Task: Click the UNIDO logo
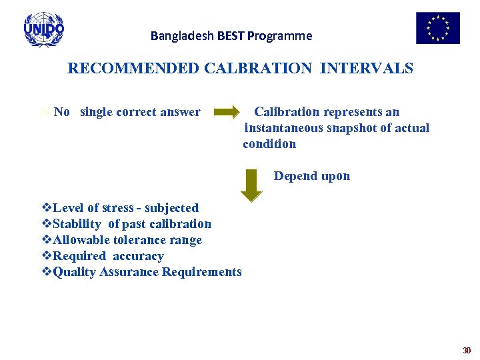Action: (x=43, y=29)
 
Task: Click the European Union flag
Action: (x=437, y=28)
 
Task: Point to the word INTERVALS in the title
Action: (x=367, y=69)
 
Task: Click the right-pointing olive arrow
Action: (x=227, y=112)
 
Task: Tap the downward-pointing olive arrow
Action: (x=251, y=185)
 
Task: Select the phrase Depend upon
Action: (x=311, y=176)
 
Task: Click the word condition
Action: (x=269, y=144)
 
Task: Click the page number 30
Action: (x=467, y=350)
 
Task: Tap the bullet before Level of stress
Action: (x=47, y=208)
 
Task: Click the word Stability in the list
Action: (x=77, y=224)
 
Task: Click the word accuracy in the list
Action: (x=138, y=256)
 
